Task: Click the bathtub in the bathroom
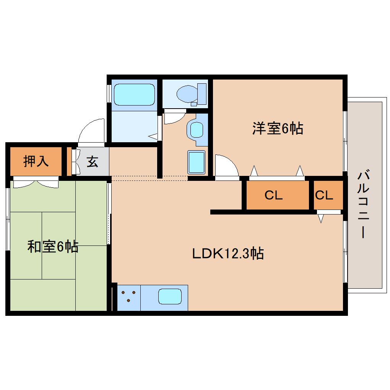(x=134, y=94)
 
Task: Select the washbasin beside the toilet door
(x=197, y=129)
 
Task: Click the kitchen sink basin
(x=170, y=297)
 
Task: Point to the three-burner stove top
(x=129, y=297)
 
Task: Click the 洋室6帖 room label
(x=277, y=128)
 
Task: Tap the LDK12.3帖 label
(x=227, y=253)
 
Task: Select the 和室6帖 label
(x=53, y=247)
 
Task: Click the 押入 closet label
(x=36, y=161)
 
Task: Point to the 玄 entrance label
(x=92, y=161)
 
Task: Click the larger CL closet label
(x=274, y=195)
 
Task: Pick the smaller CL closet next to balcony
(x=324, y=195)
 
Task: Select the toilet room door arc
(x=174, y=117)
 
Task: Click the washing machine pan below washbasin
(x=196, y=161)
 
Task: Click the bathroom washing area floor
(x=134, y=126)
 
